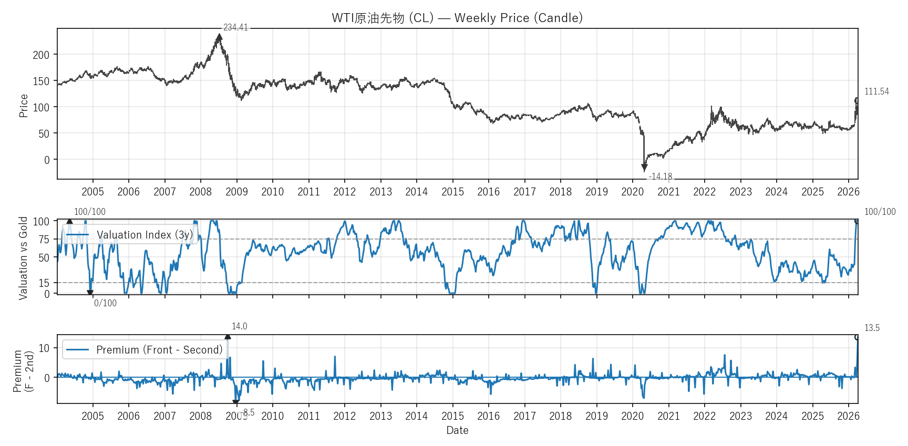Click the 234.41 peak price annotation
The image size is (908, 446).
235,27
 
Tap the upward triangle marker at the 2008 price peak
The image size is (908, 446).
219,37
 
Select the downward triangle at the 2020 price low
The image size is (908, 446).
644,168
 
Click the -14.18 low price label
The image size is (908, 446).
661,177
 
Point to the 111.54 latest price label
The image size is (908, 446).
876,91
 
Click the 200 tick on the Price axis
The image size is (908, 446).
41,55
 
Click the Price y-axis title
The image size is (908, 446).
23,106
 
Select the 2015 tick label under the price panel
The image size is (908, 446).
452,192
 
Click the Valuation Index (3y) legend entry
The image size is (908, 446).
145,235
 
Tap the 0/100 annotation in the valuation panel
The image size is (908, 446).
105,303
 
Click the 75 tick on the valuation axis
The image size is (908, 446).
44,240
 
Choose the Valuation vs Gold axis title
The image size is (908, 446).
23,258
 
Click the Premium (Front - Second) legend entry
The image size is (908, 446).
159,350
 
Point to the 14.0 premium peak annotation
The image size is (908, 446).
239,326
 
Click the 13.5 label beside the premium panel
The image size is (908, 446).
872,328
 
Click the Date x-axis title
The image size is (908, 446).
457,430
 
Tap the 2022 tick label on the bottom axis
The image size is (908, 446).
704,416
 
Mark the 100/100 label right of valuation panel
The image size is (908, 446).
880,212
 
